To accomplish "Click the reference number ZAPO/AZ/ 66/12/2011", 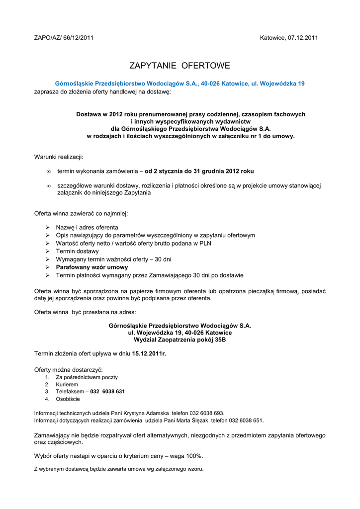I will [64, 37].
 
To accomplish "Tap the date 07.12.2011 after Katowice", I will [302, 37].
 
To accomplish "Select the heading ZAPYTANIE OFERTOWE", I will [180, 66].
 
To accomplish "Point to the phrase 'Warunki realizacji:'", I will [59, 157].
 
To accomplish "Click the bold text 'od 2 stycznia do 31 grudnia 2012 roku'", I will [199, 171].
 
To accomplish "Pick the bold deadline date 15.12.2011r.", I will [149, 353].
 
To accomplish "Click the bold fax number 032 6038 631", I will [107, 391].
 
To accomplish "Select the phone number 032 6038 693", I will [206, 413].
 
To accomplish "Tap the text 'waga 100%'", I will [187, 456].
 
